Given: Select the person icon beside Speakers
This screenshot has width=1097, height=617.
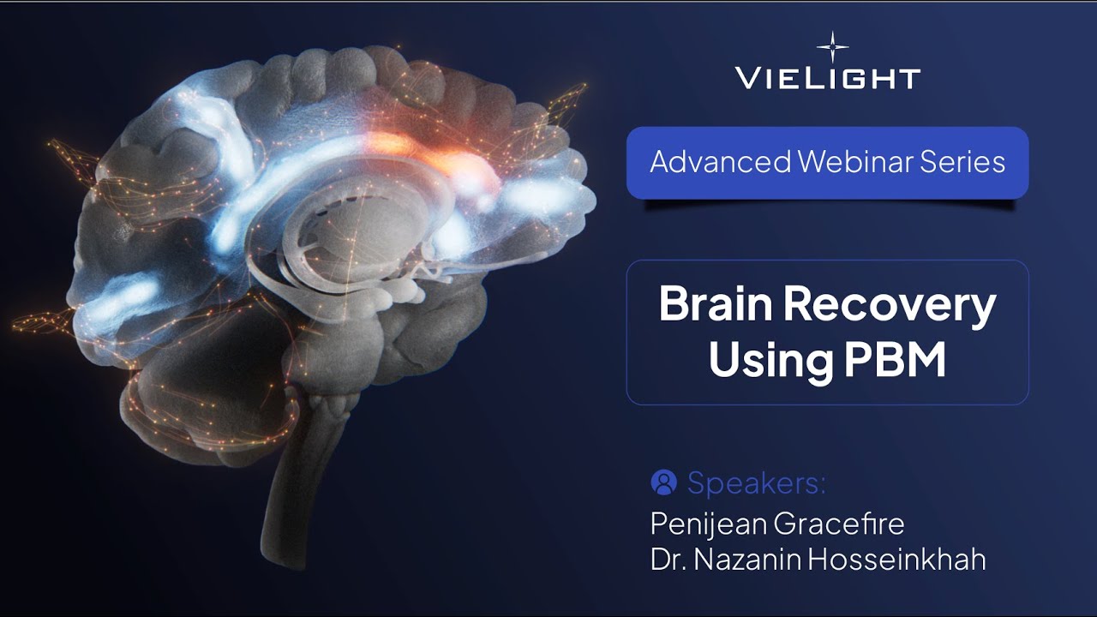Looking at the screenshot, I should (x=663, y=482).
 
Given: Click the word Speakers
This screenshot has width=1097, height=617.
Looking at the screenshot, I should (x=756, y=483).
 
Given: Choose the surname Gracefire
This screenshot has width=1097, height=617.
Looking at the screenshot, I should (x=843, y=522).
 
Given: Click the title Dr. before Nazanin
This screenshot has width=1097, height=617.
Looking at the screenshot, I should (x=669, y=560).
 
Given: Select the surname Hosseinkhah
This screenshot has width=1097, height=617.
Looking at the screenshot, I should (x=902, y=560).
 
